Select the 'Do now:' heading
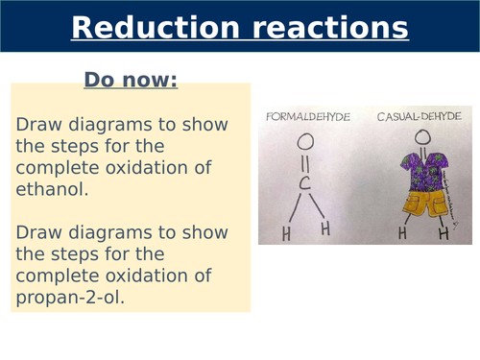point(131,80)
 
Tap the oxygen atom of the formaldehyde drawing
point(304,143)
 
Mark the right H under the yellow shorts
point(443,232)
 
